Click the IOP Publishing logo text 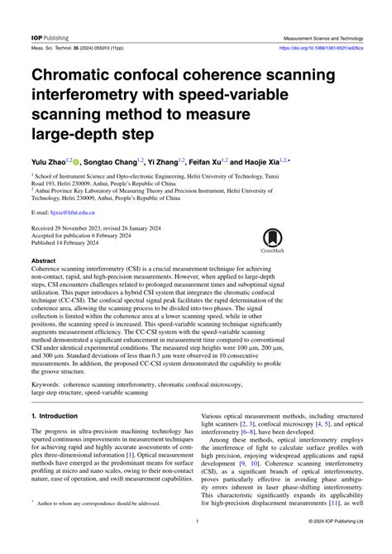(x=50, y=38)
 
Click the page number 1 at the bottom (x=196, y=522)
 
